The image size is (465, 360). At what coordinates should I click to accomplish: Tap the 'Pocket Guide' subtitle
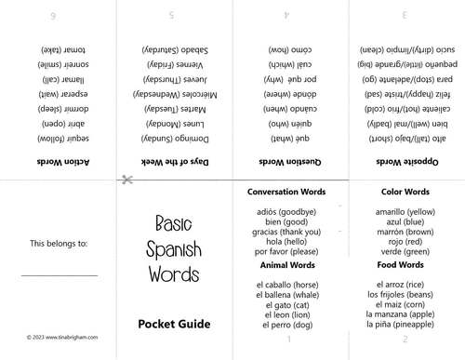[x=174, y=325]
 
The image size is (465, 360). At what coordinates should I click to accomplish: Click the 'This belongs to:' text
[x=59, y=244]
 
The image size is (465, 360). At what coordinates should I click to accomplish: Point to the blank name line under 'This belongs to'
[x=59, y=275]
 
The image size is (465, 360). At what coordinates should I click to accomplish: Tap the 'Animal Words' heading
[x=286, y=264]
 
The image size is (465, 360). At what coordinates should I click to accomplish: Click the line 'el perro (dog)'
[x=286, y=326]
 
